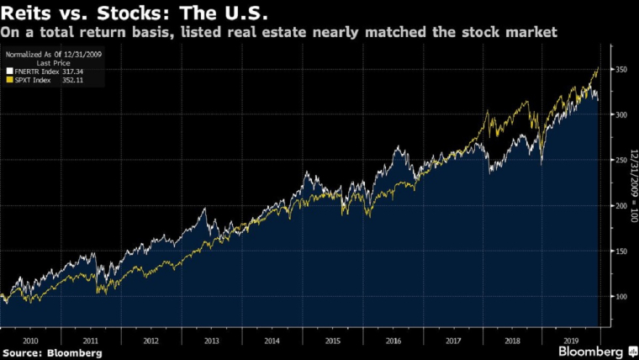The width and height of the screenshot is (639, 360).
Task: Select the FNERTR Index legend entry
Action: click(40, 73)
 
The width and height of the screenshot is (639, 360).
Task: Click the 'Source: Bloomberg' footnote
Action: click(52, 353)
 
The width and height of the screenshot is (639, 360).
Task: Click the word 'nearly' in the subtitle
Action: click(307, 32)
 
